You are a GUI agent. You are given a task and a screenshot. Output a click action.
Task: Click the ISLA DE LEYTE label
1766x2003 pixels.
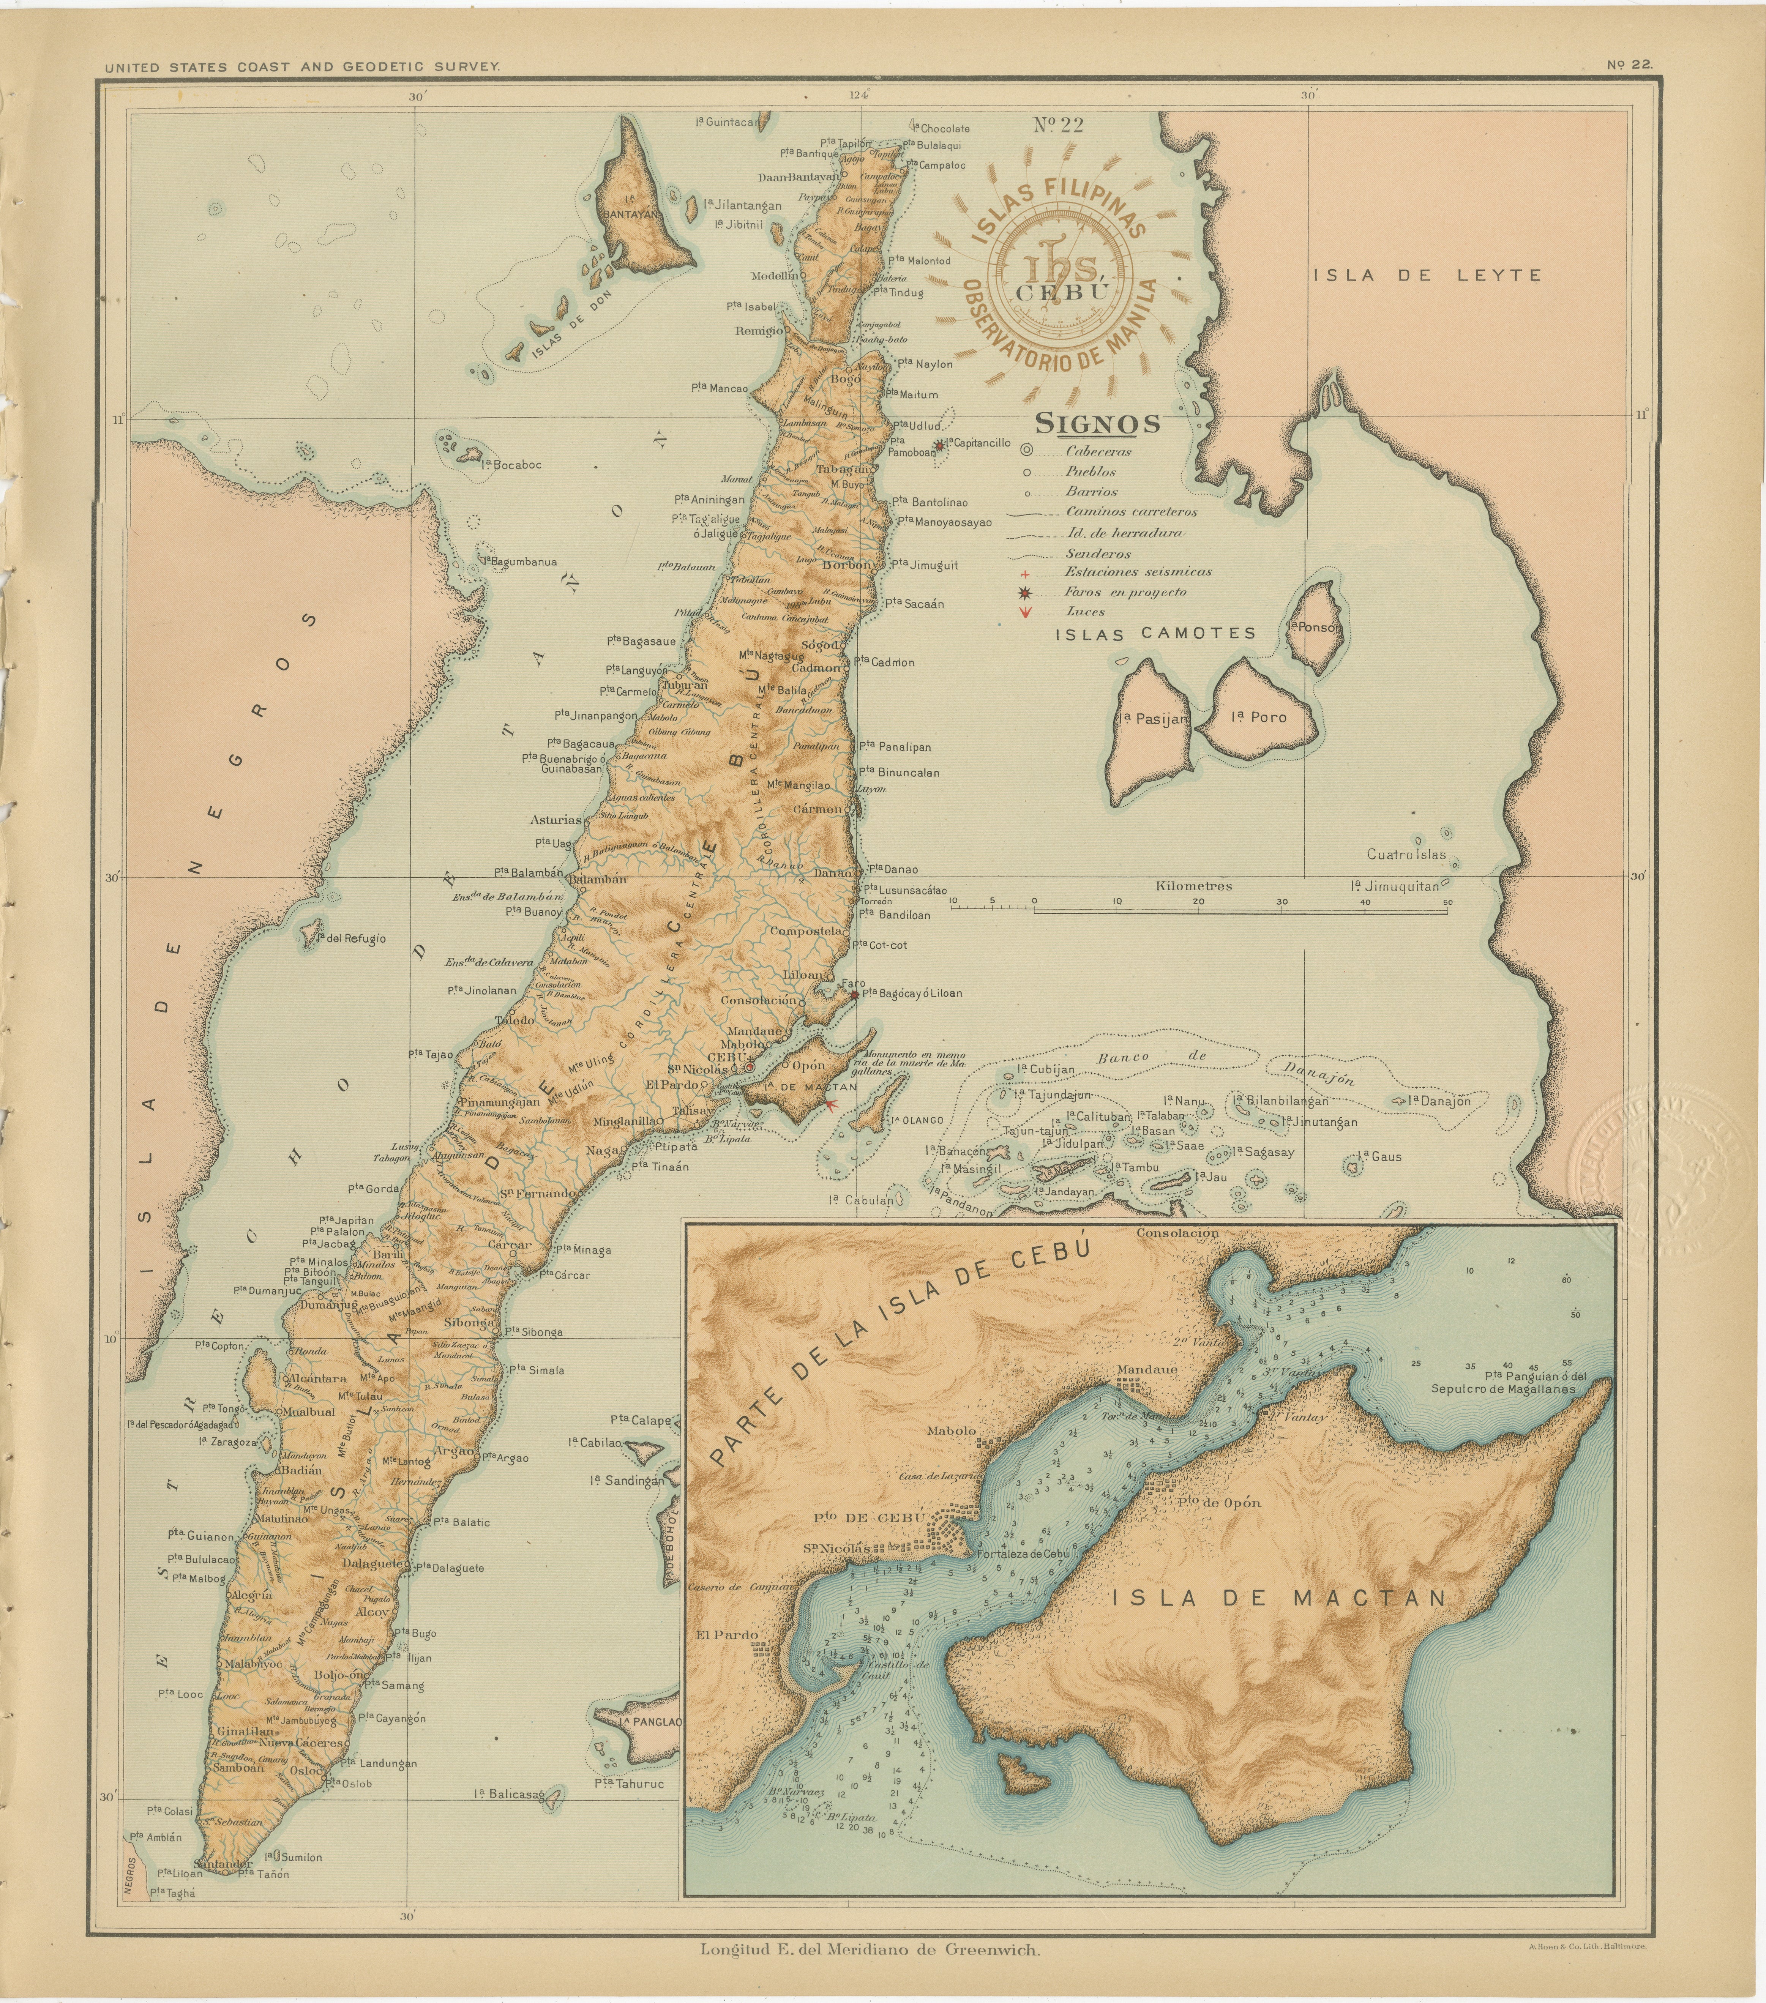click(x=1427, y=275)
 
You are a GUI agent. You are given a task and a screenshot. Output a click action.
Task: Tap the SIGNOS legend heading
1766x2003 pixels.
click(x=1098, y=423)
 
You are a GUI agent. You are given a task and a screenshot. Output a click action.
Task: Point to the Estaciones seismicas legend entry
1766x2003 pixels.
click(x=1138, y=571)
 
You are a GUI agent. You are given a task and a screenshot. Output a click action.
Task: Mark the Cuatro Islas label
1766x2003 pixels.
click(x=1406, y=855)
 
